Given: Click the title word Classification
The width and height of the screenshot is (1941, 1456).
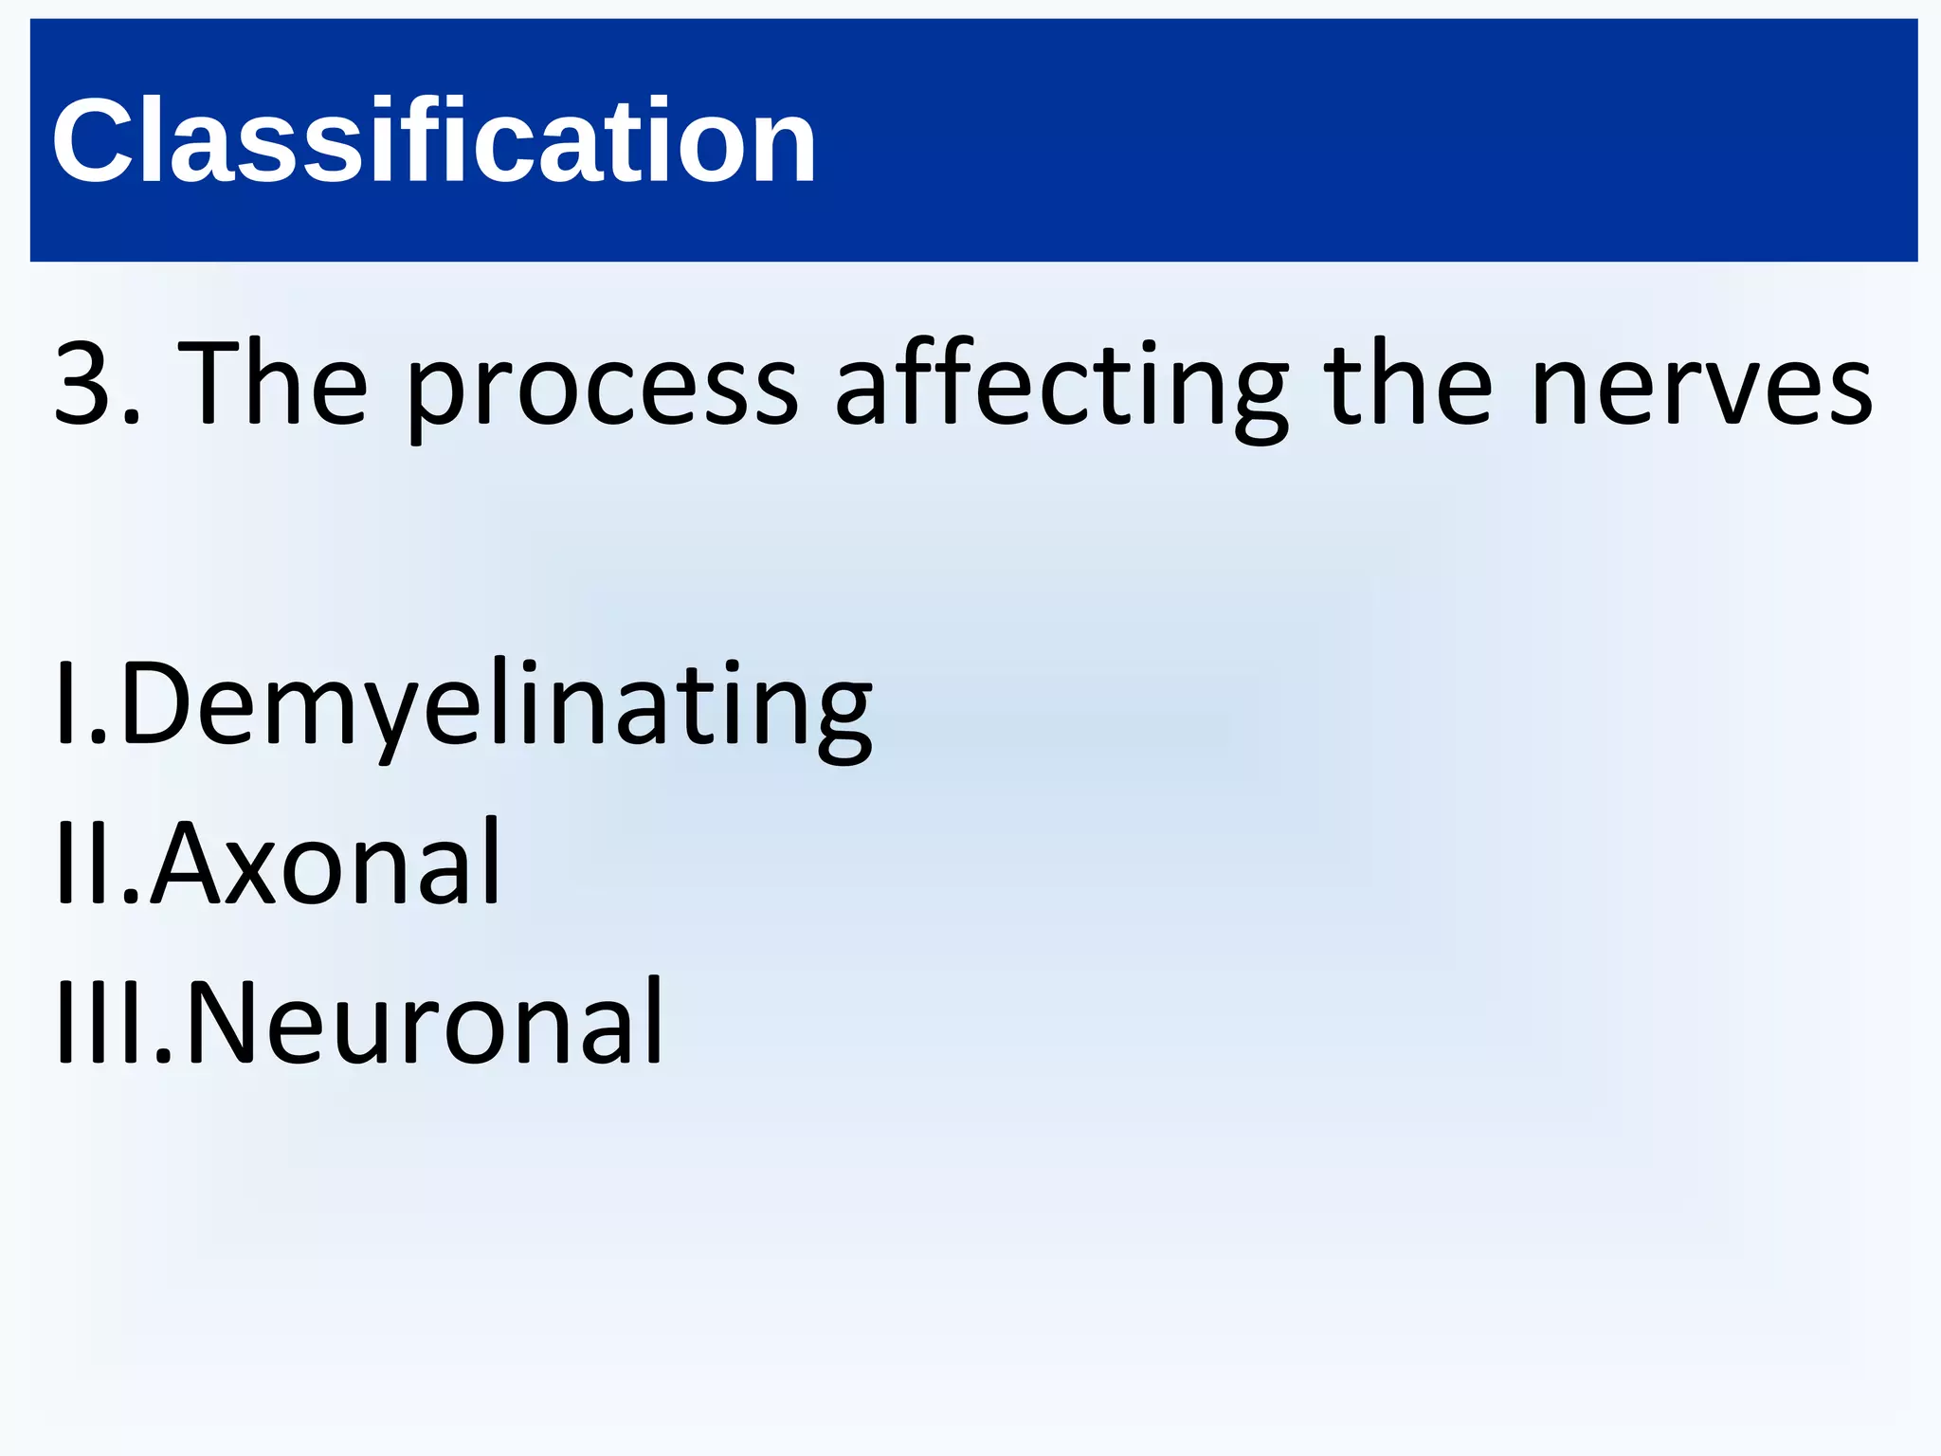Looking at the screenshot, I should [x=434, y=140].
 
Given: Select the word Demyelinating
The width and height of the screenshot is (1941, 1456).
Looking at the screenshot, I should [x=495, y=706].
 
